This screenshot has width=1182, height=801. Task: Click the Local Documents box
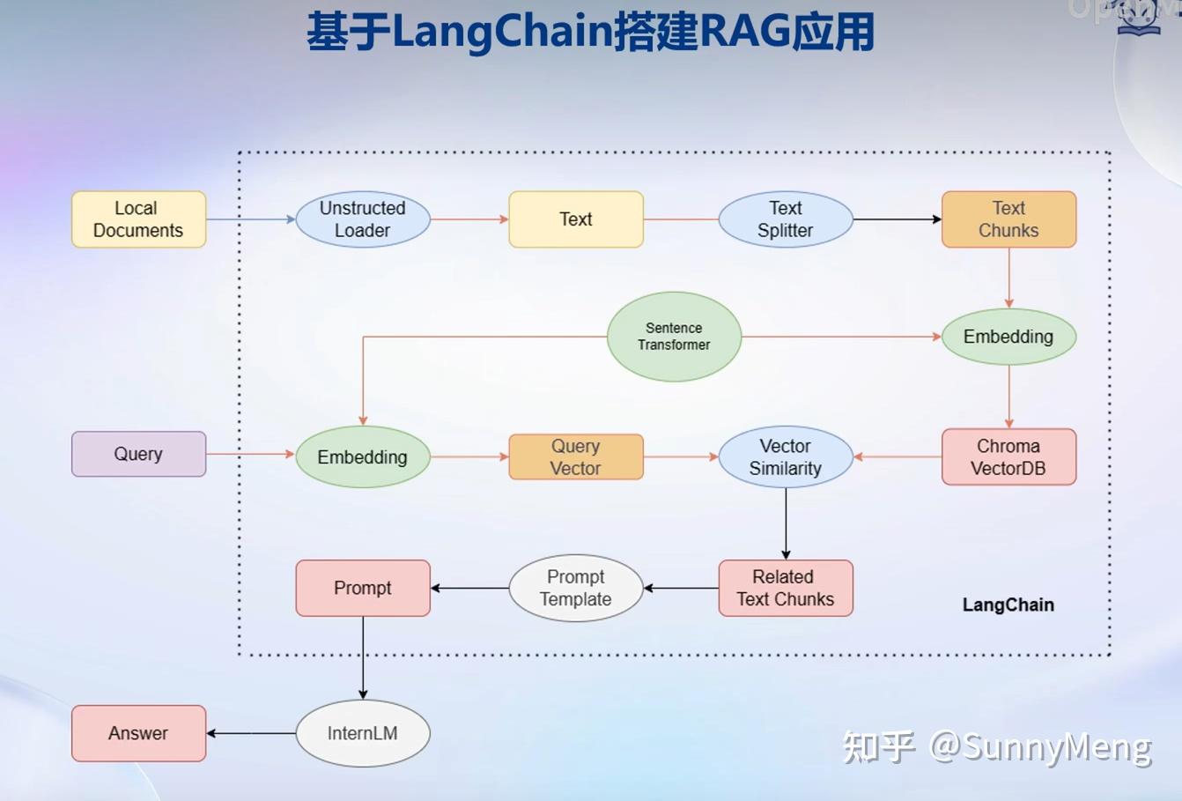(138, 219)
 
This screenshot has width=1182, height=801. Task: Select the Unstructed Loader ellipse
(362, 219)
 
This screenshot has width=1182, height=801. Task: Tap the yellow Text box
(575, 219)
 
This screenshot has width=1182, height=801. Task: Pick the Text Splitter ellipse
(785, 219)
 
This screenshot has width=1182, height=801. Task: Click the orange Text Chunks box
(1008, 219)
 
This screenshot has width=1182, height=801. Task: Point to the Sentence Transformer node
(674, 337)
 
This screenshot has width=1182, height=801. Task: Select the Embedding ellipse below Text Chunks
(1008, 337)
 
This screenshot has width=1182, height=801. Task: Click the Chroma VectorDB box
(1008, 456)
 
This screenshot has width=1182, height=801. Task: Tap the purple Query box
(138, 454)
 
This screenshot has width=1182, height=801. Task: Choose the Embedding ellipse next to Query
(362, 456)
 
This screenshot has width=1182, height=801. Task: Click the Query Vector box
(575, 456)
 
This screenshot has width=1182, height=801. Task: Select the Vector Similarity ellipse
(785, 456)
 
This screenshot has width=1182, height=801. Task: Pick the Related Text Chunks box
(785, 588)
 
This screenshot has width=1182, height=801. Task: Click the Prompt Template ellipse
(575, 588)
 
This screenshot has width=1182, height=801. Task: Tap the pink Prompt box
(362, 588)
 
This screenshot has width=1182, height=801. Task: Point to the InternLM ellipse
(362, 733)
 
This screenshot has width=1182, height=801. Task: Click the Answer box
(138, 733)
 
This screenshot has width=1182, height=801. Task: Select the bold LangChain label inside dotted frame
(1008, 604)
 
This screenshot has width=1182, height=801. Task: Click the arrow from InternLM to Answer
(251, 733)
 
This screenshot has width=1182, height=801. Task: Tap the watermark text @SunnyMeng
(1039, 747)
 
